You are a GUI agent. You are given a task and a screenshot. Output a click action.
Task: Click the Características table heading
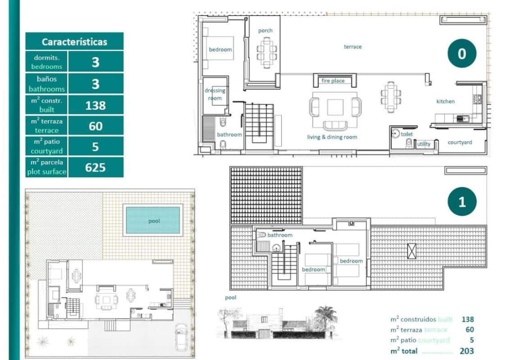pyautogui.click(x=74, y=42)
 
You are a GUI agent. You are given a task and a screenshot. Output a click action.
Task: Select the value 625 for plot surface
pyautogui.click(x=96, y=167)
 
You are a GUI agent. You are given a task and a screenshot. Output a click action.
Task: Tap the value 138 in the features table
pyautogui.click(x=96, y=105)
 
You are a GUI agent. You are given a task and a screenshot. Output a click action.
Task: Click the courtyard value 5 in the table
pyautogui.click(x=96, y=147)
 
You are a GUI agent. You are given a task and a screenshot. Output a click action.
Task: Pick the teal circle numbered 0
pyautogui.click(x=462, y=54)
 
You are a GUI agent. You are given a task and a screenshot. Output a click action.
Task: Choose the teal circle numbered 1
pyautogui.click(x=462, y=202)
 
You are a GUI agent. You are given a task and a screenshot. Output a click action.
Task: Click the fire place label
pyautogui.click(x=333, y=81)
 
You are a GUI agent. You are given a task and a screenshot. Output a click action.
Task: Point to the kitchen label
pyautogui.click(x=445, y=101)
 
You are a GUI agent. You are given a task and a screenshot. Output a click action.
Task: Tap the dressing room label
pyautogui.click(x=215, y=94)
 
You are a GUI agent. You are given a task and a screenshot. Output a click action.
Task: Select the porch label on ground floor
pyautogui.click(x=265, y=31)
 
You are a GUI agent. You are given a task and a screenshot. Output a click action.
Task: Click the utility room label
pyautogui.click(x=424, y=144)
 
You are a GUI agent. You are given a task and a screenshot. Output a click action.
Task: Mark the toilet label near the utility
pyautogui.click(x=407, y=134)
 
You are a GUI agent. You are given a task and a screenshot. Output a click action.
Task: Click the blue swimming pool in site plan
pyautogui.click(x=153, y=220)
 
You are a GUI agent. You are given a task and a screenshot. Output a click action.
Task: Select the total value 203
pyautogui.click(x=466, y=351)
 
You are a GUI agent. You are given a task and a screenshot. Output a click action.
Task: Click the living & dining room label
pyautogui.click(x=332, y=137)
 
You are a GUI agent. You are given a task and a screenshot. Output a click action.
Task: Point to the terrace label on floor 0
pyautogui.click(x=352, y=47)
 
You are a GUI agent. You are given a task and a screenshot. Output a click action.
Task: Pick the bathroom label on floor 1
pyautogui.click(x=280, y=235)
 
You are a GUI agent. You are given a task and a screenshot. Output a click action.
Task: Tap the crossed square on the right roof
pyautogui.click(x=411, y=251)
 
